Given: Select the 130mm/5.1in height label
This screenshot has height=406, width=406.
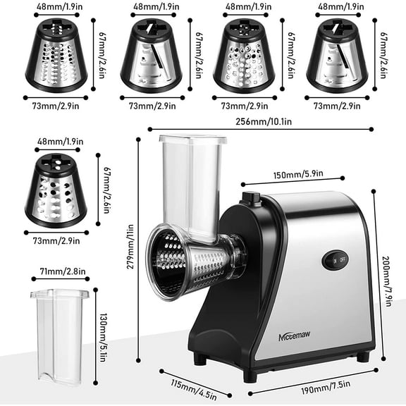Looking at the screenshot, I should (102, 328).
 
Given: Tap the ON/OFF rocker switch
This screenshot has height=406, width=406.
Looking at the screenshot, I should (334, 259).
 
